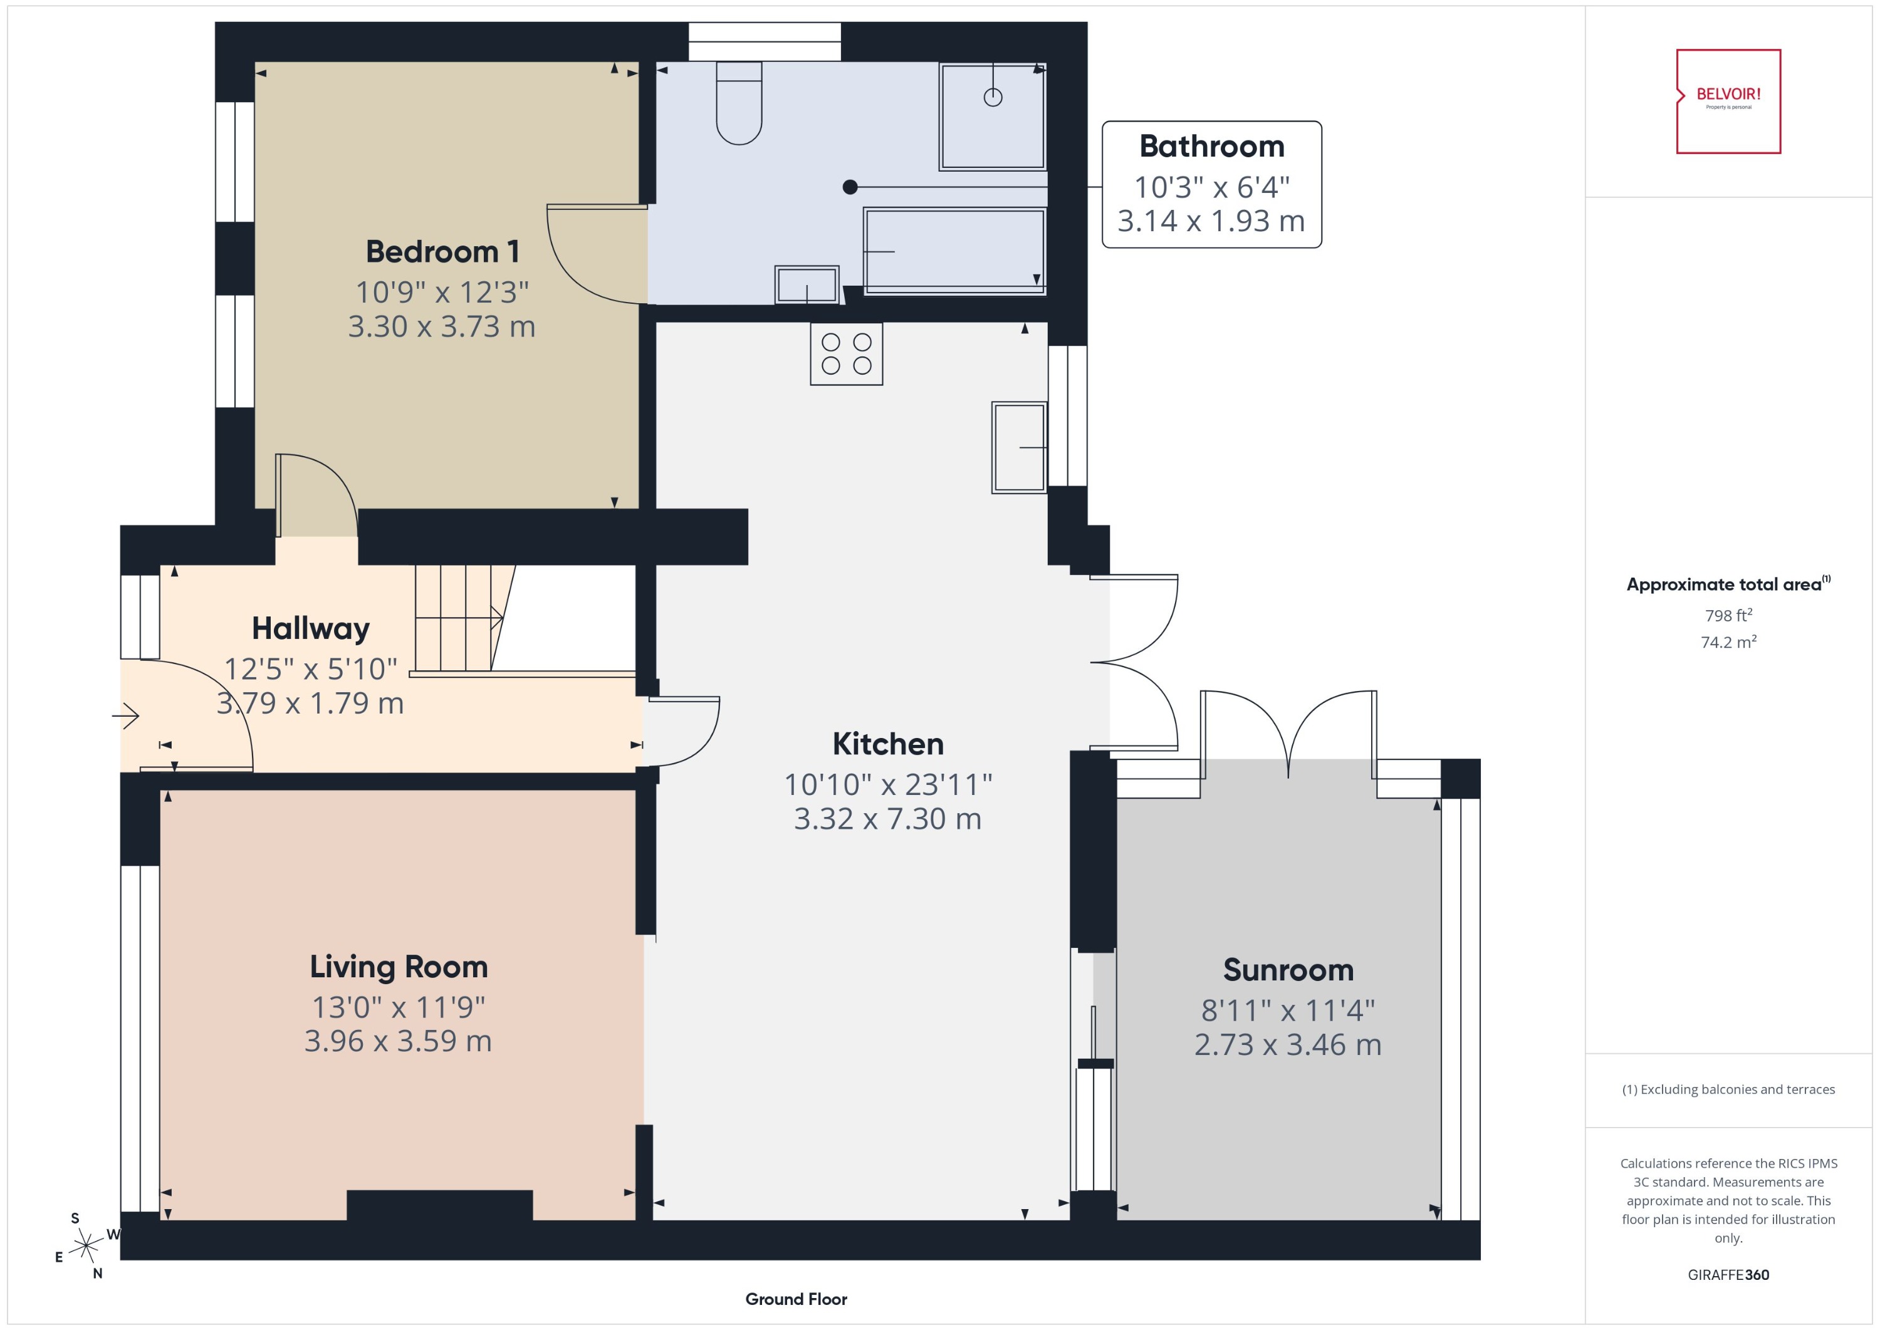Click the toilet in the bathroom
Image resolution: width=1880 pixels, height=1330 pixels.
point(739,104)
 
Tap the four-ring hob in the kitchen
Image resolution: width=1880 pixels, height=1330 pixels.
point(846,354)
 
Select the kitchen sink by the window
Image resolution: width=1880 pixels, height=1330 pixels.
point(1019,447)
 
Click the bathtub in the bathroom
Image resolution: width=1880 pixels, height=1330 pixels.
point(954,251)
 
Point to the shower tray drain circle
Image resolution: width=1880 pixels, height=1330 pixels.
point(993,98)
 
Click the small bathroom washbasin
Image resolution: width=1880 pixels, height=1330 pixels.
point(807,285)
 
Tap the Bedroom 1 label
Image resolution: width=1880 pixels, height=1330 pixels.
point(442,251)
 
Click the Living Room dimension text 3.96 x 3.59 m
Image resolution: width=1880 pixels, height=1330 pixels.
point(398,1041)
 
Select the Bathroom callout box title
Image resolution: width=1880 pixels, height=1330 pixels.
point(1211,147)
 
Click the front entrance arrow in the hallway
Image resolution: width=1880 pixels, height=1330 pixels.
point(126,717)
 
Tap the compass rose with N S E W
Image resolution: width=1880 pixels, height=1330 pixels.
point(85,1247)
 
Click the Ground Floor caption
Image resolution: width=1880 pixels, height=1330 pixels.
point(795,1299)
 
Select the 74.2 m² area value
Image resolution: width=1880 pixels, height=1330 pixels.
point(1728,642)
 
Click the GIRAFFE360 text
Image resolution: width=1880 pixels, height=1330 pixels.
point(1728,1275)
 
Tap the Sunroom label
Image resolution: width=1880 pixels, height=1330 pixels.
point(1288,970)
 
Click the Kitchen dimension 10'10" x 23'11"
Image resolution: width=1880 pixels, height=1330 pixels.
point(888,784)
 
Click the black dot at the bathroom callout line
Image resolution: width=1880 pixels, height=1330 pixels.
point(850,187)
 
